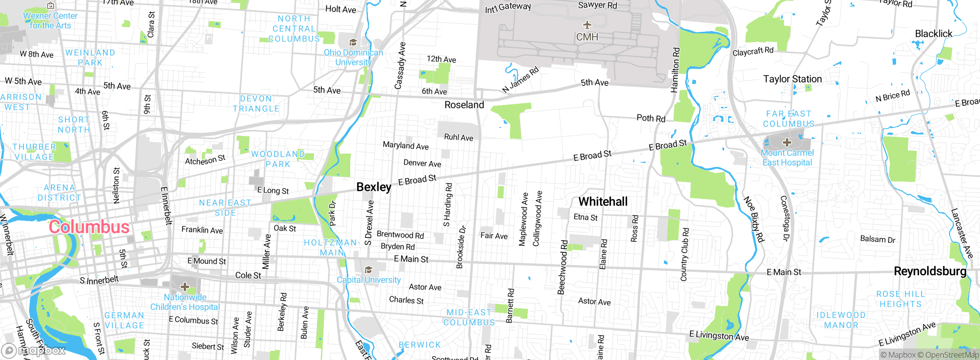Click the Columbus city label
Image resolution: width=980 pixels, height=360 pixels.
point(89,227)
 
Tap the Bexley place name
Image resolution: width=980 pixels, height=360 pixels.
point(374,187)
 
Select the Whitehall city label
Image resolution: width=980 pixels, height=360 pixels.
point(603,201)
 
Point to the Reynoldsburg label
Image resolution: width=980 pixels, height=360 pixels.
point(930,271)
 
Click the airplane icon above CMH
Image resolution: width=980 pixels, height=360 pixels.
point(587,25)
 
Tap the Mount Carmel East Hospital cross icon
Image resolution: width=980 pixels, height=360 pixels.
point(787,143)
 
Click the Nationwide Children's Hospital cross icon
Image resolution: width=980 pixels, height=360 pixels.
point(185,286)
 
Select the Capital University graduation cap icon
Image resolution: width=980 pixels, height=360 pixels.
point(368,270)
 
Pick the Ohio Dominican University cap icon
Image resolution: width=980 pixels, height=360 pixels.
point(353,42)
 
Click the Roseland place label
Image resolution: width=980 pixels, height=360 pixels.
point(464,105)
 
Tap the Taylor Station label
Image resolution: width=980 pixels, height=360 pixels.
point(792,79)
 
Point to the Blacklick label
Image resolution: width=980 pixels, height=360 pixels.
point(933,34)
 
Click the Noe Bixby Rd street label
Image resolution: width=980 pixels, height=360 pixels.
point(754,219)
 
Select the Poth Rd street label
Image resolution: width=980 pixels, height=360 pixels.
point(651,118)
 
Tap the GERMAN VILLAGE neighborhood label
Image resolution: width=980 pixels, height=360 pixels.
point(124,320)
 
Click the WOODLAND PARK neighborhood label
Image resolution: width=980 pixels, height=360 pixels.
point(278,159)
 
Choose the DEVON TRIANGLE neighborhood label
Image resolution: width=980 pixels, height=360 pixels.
point(256,103)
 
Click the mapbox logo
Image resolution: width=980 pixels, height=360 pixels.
point(34,350)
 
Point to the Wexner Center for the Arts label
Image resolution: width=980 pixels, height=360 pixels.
point(50,21)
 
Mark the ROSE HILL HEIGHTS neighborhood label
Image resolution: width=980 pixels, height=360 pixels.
point(900,299)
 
